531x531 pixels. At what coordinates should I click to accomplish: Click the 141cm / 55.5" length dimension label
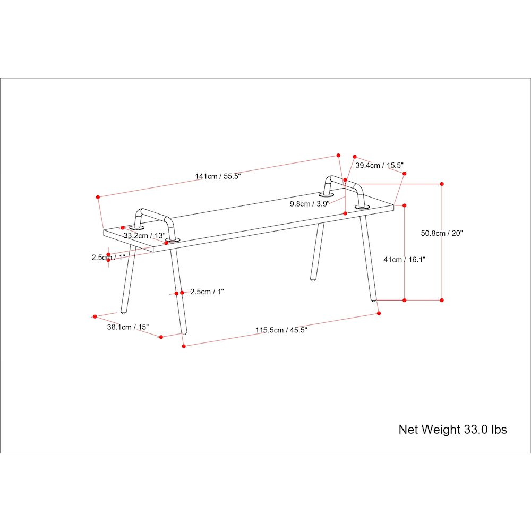[218, 176]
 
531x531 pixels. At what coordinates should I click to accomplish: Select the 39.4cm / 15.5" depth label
[380, 165]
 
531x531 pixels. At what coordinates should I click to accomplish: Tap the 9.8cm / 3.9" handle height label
[310, 203]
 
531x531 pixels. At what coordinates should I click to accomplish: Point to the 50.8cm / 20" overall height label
[442, 233]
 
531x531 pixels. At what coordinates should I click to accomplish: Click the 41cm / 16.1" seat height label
[404, 260]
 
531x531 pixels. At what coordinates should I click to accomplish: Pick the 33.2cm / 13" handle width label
[144, 235]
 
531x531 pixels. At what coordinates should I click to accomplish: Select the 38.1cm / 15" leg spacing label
[128, 327]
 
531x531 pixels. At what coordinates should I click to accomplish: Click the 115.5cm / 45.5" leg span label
[281, 330]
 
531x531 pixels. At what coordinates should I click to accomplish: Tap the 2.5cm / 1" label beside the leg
[207, 292]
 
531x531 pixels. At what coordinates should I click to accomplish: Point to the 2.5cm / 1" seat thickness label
[108, 258]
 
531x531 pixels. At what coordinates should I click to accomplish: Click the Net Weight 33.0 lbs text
[452, 430]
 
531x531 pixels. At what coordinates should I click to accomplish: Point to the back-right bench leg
[318, 252]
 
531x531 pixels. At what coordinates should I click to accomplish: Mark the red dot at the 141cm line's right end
[338, 156]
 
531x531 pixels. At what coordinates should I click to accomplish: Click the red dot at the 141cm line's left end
[98, 197]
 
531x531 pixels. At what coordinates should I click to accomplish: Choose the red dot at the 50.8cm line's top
[442, 184]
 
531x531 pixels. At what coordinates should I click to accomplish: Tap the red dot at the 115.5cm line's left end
[184, 346]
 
